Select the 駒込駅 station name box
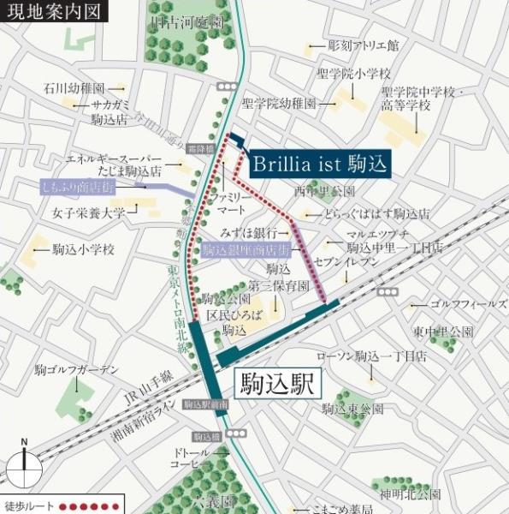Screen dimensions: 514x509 [x=278, y=381]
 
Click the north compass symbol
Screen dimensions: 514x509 [x=25, y=468]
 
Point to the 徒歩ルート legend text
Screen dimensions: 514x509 [x=29, y=504]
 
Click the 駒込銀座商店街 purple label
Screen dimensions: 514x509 [x=246, y=250]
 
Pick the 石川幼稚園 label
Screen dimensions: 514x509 [x=74, y=87]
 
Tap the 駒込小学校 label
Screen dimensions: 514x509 [x=83, y=249]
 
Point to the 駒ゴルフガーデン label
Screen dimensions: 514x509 [x=76, y=370]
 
